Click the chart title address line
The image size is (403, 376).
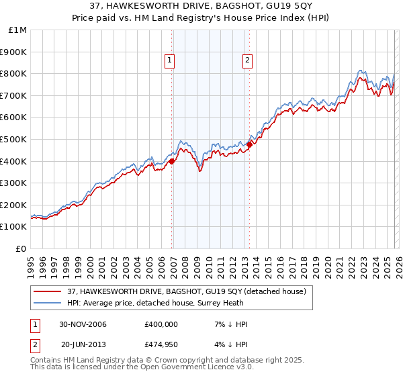[201, 5]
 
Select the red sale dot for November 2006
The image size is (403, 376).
[172, 160]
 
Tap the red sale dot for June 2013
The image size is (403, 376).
[249, 144]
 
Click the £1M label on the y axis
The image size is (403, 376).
[18, 30]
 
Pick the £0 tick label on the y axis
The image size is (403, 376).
[22, 248]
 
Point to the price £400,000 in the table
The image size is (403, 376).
[161, 324]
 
